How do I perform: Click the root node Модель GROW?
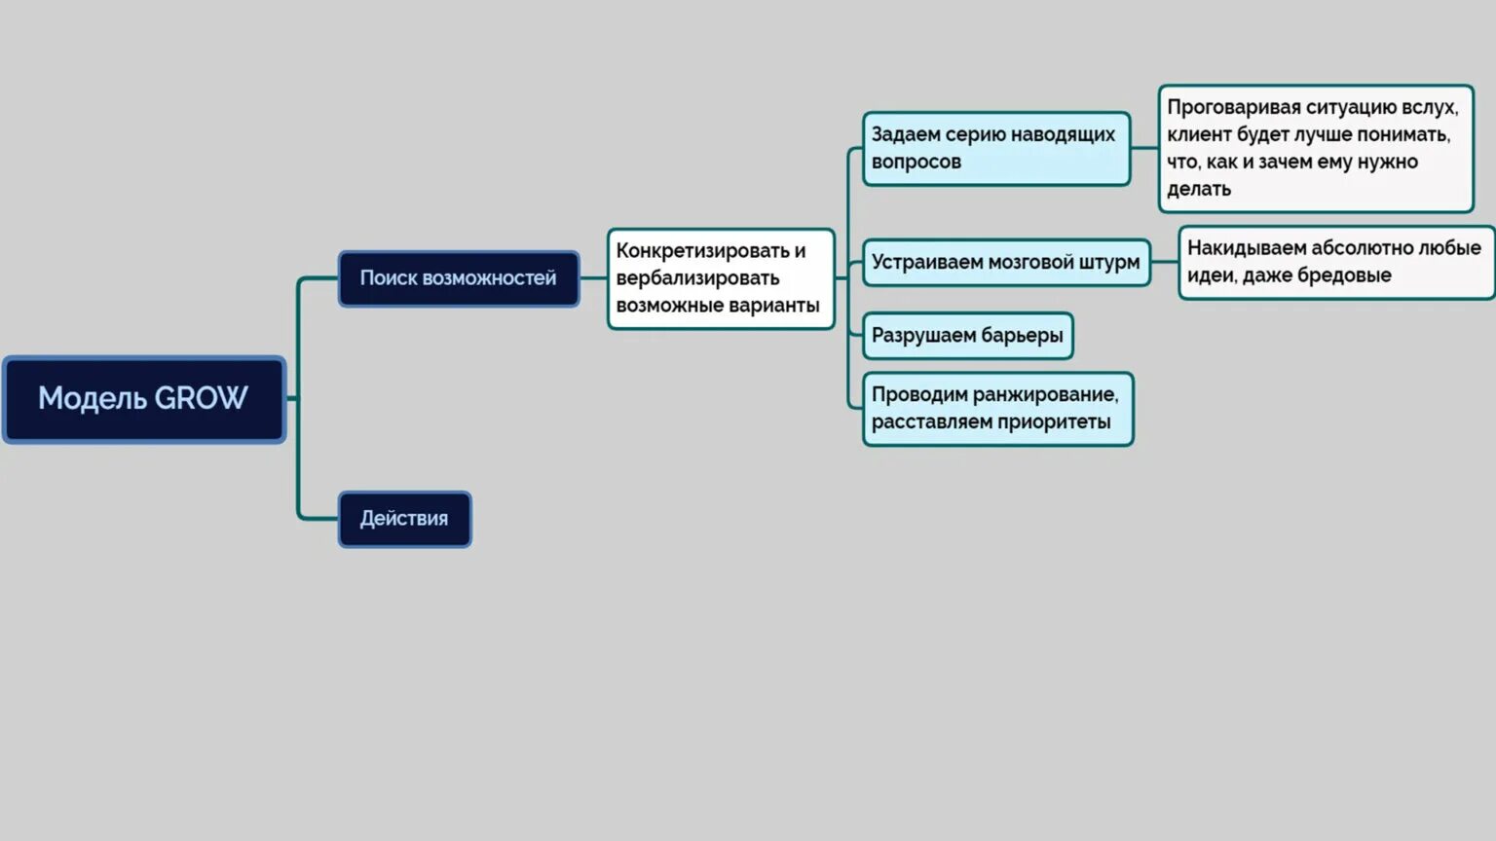(144, 399)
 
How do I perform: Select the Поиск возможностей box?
(458, 278)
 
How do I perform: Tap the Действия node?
(404, 519)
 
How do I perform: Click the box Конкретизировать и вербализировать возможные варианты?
(720, 278)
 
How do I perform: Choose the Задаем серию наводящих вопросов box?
(995, 148)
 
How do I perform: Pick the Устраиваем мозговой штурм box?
(1005, 262)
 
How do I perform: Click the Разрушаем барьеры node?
(967, 336)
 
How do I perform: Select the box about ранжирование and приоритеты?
(997, 409)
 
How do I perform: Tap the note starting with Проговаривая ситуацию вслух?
(1315, 148)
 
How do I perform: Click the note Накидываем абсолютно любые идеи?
(1334, 262)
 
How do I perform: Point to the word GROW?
(201, 399)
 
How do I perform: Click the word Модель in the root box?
(93, 399)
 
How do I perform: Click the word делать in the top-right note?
(1199, 189)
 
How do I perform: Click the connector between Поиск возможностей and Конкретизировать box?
(593, 278)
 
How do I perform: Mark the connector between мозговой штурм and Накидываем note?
(1164, 262)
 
